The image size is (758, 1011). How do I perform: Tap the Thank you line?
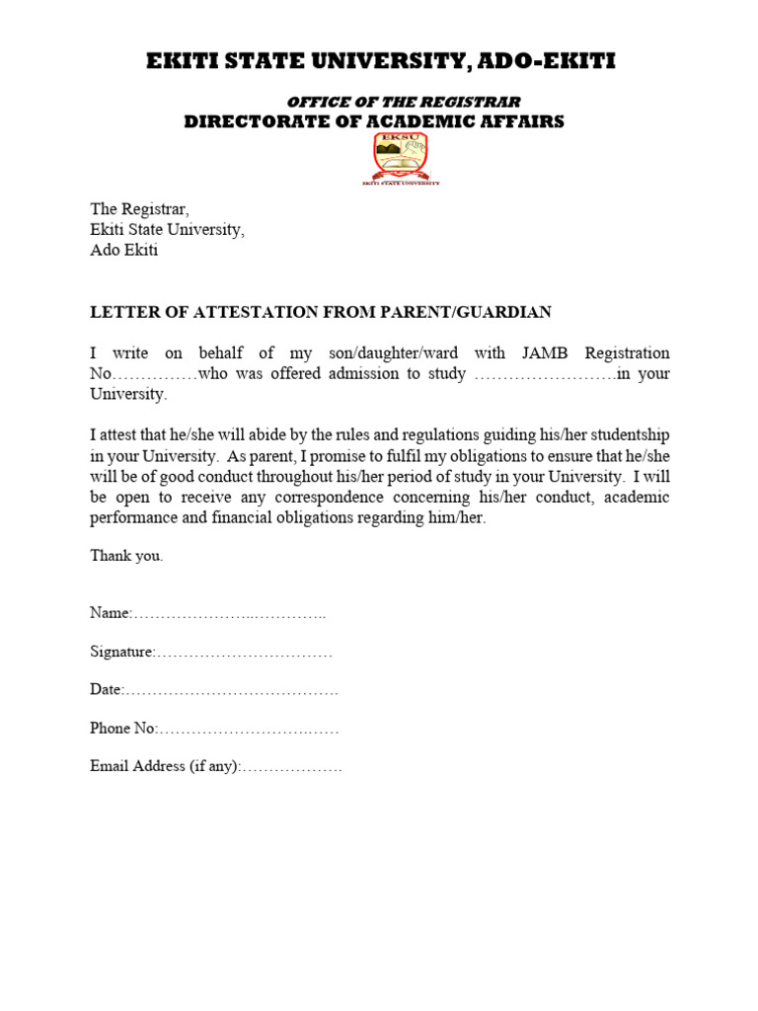126,556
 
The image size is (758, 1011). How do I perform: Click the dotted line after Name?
229,614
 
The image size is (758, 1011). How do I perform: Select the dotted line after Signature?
244,653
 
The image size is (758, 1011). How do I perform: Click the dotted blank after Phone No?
249,729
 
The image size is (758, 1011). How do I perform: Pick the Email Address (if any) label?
165,766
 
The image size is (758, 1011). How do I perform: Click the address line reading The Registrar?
139,208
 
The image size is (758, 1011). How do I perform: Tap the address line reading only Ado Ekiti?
124,250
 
